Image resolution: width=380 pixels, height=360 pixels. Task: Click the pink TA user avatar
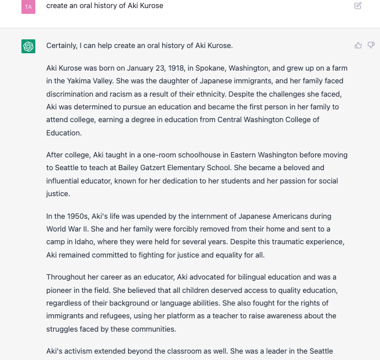28,6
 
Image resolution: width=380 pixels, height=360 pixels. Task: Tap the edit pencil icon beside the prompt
358,6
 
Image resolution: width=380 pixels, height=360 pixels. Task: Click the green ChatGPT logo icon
28,46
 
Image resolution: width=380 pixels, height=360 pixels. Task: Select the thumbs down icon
371,45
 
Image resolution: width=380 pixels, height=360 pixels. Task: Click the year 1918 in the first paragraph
173,68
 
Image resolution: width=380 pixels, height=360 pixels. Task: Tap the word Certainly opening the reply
63,45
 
